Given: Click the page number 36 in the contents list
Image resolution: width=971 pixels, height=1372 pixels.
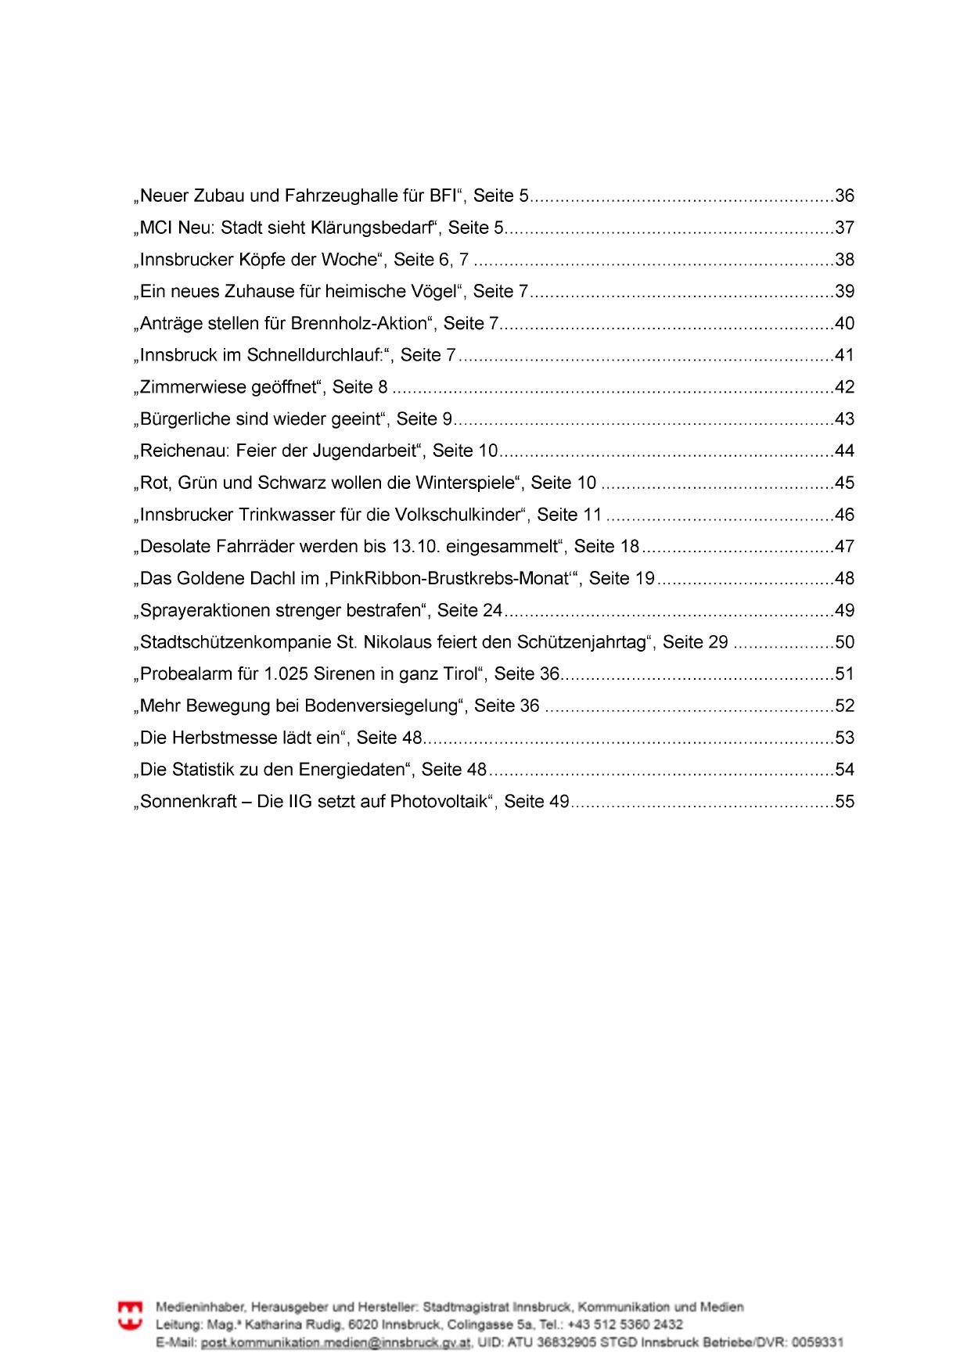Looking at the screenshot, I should coord(845,196).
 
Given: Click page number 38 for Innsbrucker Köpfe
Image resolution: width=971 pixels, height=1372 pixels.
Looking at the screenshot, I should coord(845,260).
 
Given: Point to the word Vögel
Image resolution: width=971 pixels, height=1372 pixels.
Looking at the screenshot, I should coord(434,292).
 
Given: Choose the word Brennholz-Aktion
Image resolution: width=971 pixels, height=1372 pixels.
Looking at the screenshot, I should coord(360,324).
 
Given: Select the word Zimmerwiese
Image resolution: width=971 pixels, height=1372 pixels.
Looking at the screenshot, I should coord(192,387).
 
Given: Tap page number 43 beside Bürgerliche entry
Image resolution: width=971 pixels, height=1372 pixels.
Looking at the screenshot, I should coord(845,419).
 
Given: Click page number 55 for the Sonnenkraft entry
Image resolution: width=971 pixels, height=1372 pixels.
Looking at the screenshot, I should coord(845,802).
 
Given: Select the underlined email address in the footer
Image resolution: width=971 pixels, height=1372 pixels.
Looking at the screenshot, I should coord(336,1343).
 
